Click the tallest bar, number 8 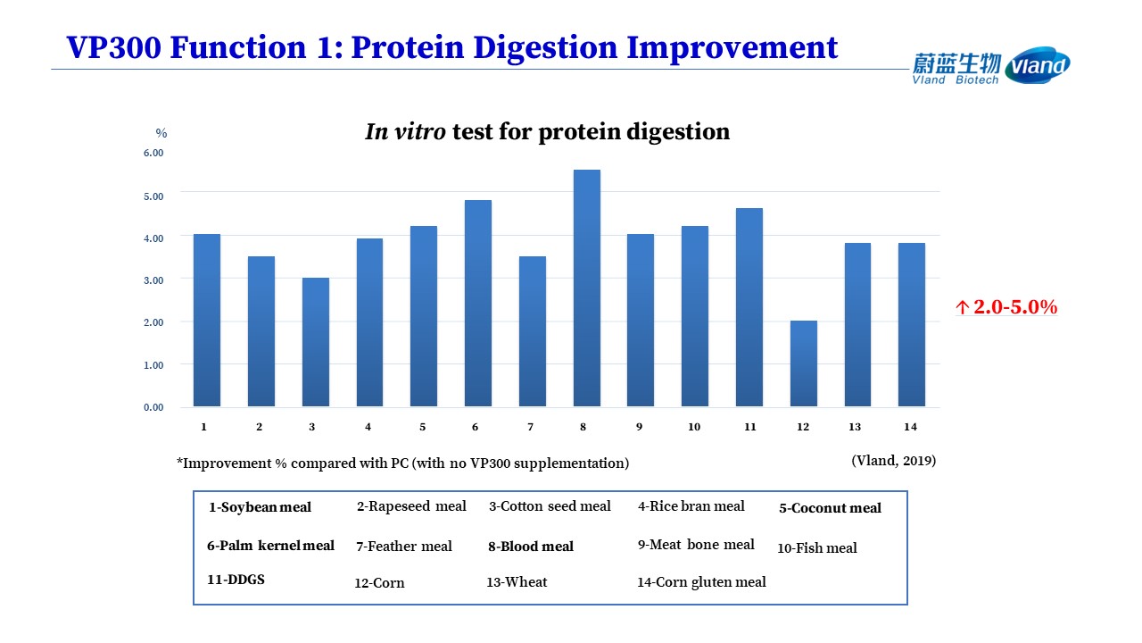(587, 288)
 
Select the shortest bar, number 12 (804, 363)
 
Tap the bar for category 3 (316, 342)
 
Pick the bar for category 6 (478, 303)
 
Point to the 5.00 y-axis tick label (153, 196)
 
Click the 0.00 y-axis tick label (153, 407)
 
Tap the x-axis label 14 (911, 427)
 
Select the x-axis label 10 (694, 427)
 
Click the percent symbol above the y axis (161, 133)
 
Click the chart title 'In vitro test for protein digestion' (547, 131)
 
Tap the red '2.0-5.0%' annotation (1006, 306)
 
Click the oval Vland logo (1038, 65)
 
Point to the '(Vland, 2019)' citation (894, 461)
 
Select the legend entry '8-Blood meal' (531, 547)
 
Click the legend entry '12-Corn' (379, 583)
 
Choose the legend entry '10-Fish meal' (817, 548)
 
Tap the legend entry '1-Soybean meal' (260, 507)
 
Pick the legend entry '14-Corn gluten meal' (701, 582)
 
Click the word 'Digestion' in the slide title (545, 48)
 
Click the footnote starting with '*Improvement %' (402, 463)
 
